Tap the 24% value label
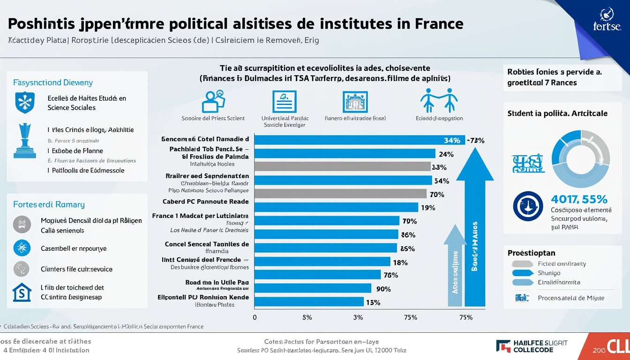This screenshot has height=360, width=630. tap(446, 154)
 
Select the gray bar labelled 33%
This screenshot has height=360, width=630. tap(342, 166)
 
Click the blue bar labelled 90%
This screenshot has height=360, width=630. tap(313, 288)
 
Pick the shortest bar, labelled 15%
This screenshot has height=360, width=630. tap(309, 302)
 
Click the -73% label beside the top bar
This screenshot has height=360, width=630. tap(475, 140)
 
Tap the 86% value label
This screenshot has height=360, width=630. tap(408, 235)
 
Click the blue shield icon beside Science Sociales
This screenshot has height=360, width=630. tap(25, 103)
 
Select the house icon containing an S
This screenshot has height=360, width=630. tap(22, 292)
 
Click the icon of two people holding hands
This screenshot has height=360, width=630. tap(439, 100)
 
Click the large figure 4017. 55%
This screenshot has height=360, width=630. tap(579, 199)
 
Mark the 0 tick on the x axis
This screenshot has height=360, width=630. tap(255, 317)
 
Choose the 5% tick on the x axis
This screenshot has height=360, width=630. tap(307, 317)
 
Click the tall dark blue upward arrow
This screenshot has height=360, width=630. tap(474, 230)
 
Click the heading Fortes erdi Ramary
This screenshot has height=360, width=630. tap(49, 204)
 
